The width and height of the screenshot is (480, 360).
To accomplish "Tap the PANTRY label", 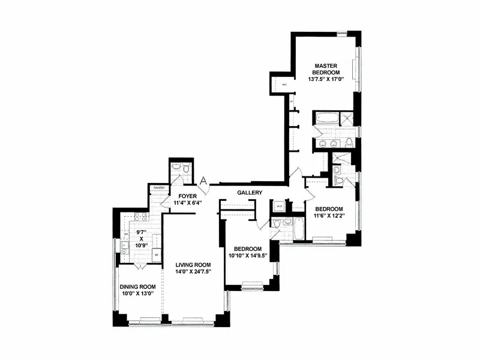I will click(159, 188).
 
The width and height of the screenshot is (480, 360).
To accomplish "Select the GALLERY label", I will click(250, 193).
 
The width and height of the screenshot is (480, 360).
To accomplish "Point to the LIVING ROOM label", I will click(193, 265).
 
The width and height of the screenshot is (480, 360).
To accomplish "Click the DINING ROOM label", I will click(137, 286).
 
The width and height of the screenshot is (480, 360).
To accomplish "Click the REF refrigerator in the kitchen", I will click(157, 254).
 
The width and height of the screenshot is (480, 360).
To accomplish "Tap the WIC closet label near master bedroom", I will click(284, 85).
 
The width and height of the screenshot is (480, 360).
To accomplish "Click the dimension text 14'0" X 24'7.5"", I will click(193, 272).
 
